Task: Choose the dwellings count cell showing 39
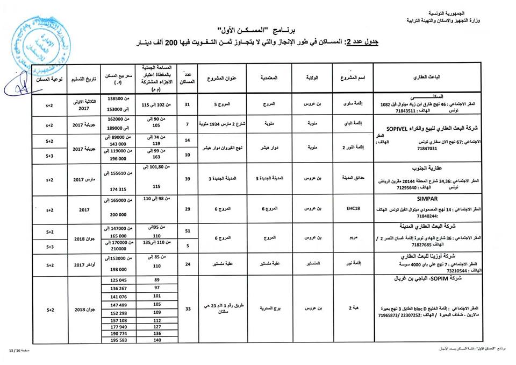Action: (x=187, y=178)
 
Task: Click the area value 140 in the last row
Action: (x=157, y=340)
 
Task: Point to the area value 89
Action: (x=157, y=280)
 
